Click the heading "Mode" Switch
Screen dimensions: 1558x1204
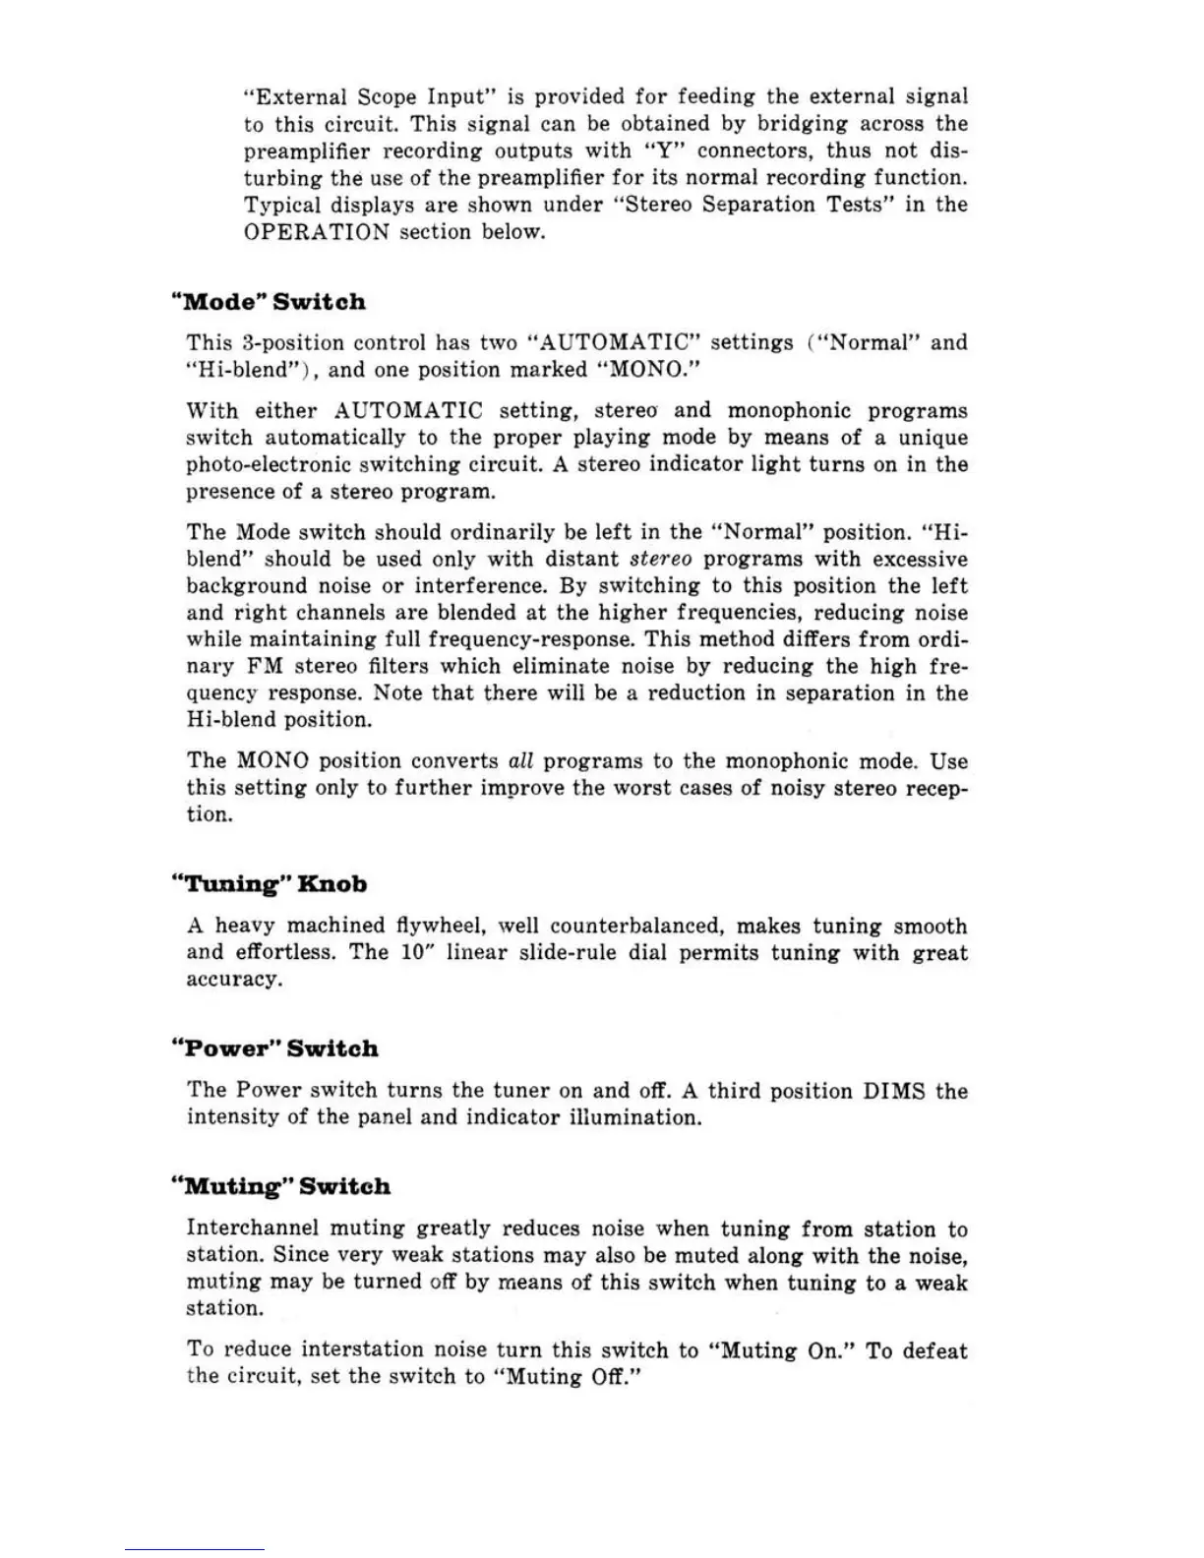(269, 302)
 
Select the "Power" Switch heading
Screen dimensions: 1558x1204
(275, 1049)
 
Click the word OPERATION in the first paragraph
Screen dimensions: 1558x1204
(316, 232)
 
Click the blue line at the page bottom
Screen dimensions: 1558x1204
(194, 1550)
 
